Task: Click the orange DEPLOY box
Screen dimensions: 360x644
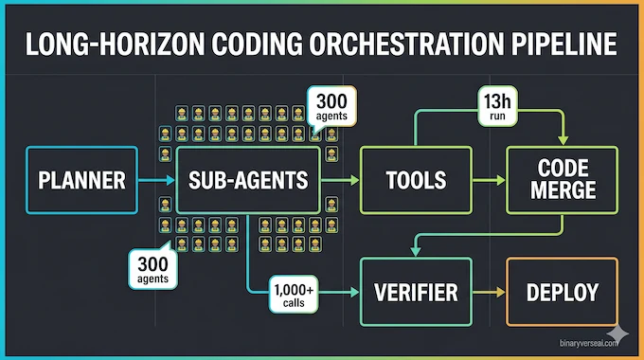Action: [x=563, y=291]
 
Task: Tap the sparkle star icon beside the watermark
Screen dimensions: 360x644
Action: [x=619, y=333]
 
